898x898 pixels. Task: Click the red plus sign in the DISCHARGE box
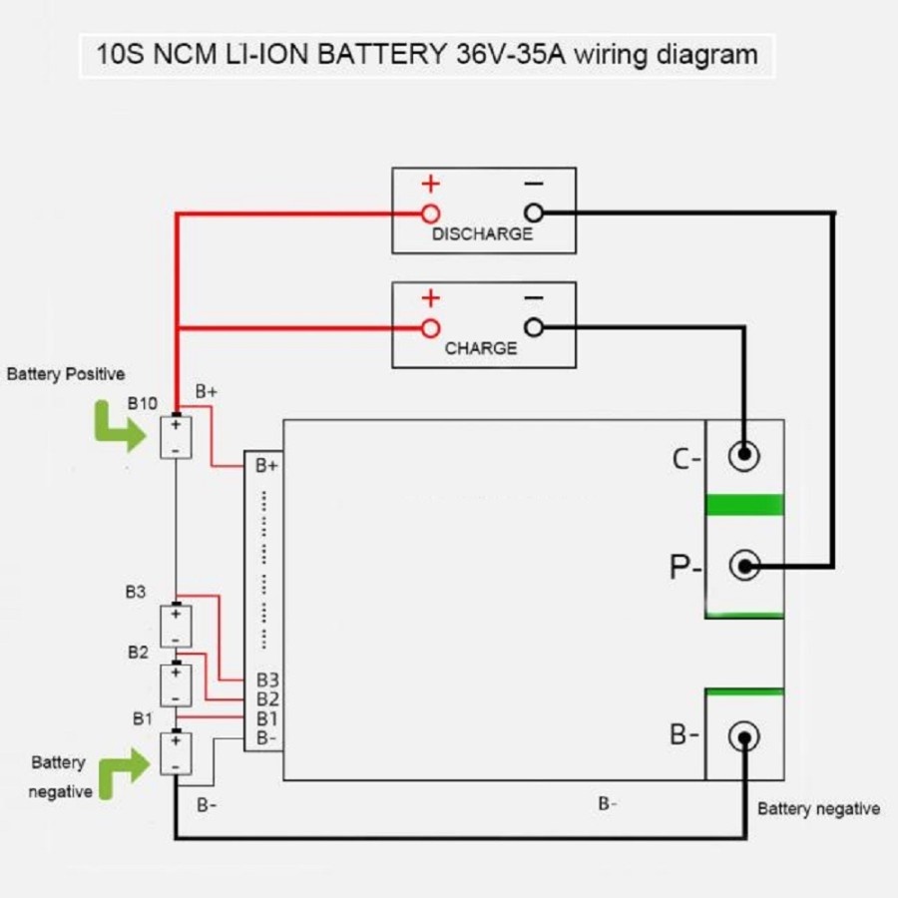click(430, 185)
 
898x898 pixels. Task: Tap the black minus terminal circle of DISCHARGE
click(534, 213)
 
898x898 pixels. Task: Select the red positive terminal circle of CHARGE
click(430, 327)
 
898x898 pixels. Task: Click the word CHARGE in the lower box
click(481, 349)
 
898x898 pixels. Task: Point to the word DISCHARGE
click(482, 234)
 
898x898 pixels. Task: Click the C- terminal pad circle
click(743, 456)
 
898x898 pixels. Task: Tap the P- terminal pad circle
click(743, 567)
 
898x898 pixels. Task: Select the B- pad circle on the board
click(743, 737)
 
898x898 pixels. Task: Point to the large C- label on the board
click(687, 459)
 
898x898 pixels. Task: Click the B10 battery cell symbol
click(176, 437)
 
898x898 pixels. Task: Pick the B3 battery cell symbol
click(176, 625)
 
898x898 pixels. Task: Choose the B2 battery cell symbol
click(176, 684)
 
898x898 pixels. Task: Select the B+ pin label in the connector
click(266, 465)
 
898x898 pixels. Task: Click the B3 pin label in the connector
click(266, 680)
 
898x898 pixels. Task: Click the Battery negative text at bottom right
click(818, 808)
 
